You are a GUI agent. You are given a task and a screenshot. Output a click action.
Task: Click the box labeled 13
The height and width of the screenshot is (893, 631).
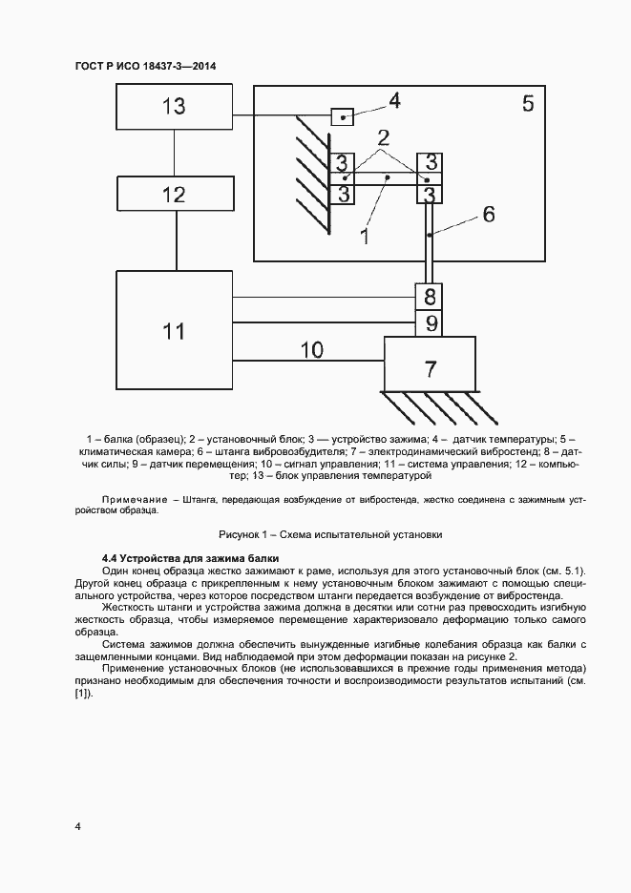coord(175,107)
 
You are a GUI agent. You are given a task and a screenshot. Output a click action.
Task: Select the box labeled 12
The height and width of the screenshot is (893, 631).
coord(175,195)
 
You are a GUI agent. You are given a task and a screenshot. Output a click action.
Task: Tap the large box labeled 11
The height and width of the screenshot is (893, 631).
coord(174,331)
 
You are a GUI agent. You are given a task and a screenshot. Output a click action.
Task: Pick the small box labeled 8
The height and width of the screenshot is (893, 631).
coord(431,296)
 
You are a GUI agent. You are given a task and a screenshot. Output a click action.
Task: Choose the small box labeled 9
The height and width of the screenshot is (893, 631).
coord(431,323)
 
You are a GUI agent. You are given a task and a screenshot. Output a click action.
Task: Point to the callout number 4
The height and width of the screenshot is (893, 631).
coord(393,99)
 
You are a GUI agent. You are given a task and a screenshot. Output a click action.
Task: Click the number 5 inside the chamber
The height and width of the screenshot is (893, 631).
coord(528,103)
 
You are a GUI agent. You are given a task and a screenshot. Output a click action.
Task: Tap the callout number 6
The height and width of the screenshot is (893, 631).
coord(488,214)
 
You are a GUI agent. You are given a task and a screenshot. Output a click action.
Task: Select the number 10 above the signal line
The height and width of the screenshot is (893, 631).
coord(312,349)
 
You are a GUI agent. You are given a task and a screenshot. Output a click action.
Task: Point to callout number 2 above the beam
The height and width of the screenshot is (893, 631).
coord(384,135)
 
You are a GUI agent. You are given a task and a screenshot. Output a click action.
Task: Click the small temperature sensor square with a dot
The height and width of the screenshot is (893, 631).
coord(342,116)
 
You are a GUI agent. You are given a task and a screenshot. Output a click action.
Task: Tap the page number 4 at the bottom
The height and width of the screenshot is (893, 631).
coord(77,826)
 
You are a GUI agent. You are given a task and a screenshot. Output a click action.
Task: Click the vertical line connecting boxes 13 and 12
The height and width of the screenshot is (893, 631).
coord(175,153)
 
